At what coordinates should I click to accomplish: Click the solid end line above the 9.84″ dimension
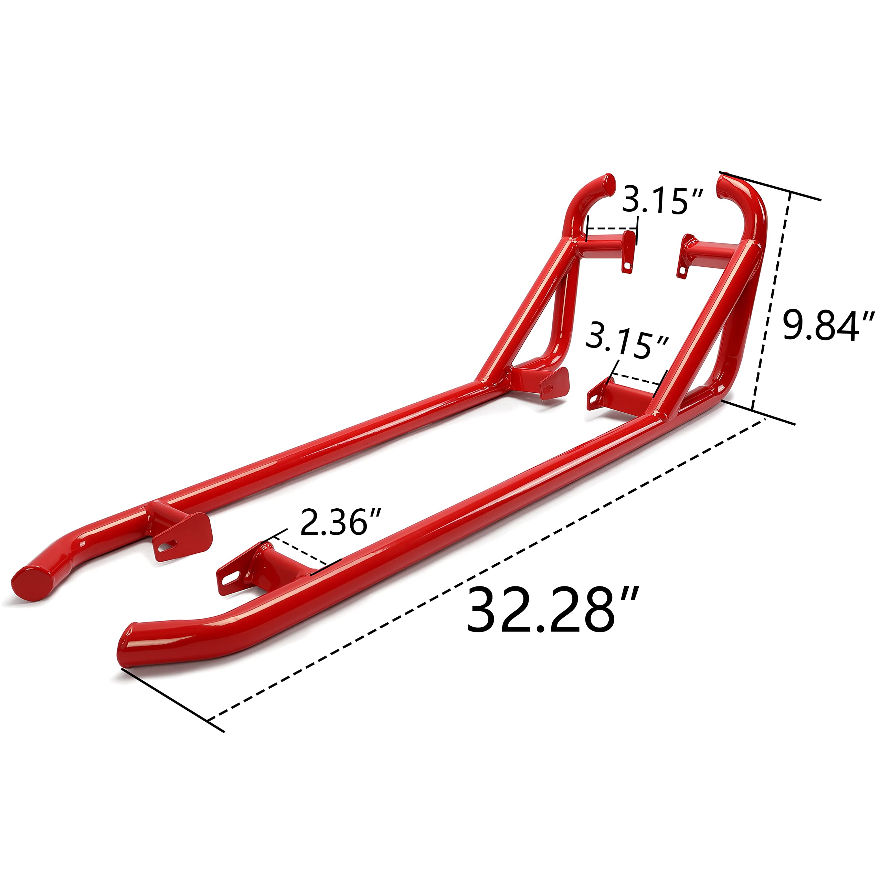(771, 187)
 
